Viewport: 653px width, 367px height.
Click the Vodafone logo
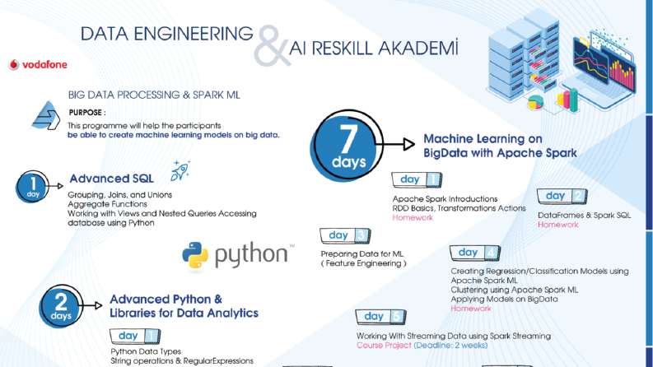[38, 64]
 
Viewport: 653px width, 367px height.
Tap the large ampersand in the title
[272, 46]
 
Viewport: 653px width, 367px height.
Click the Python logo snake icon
[195, 255]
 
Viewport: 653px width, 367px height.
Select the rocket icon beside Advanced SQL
[180, 170]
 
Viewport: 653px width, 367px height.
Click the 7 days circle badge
[347, 146]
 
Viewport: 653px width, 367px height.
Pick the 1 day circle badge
[32, 187]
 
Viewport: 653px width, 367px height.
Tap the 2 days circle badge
[61, 306]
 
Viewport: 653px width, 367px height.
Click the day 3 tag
[345, 235]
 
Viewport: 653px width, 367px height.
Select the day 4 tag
[475, 253]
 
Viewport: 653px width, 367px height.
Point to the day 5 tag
[380, 317]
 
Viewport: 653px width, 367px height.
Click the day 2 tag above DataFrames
[562, 196]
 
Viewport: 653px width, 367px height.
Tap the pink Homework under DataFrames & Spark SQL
[558, 225]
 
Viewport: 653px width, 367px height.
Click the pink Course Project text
[384, 346]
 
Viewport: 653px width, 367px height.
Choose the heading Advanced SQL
[111, 179]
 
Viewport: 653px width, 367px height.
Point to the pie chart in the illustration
[535, 101]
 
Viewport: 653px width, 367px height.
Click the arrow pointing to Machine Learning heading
[395, 144]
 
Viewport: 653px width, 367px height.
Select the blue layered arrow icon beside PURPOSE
[46, 115]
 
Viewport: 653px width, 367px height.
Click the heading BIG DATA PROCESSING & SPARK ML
[154, 95]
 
